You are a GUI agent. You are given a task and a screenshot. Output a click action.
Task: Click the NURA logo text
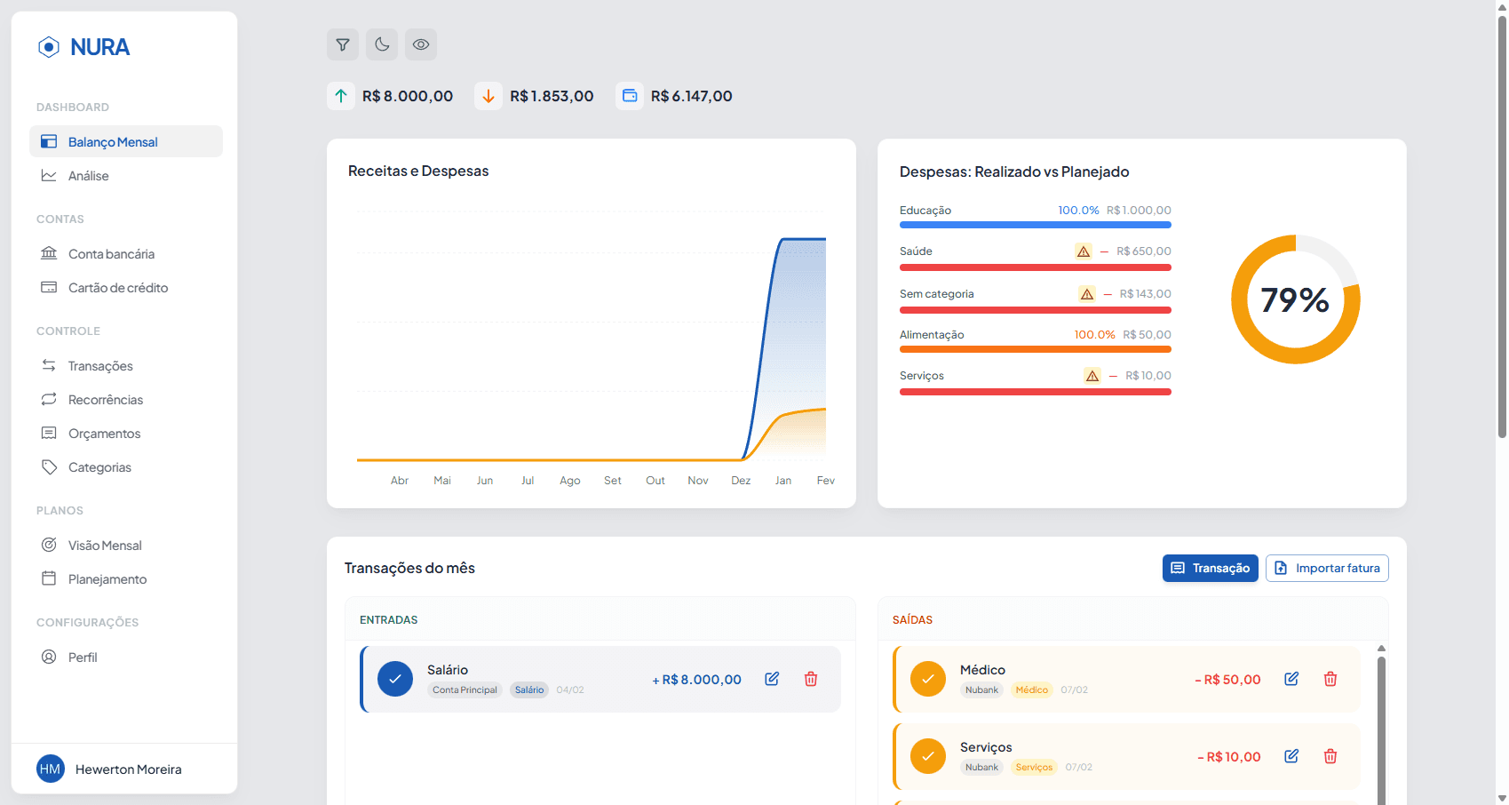[x=99, y=47]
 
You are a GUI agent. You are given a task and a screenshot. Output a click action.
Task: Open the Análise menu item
[x=88, y=176]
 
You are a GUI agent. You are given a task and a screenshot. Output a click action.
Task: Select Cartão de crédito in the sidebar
[x=117, y=288]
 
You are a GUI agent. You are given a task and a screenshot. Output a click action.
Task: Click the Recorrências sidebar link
[x=105, y=400]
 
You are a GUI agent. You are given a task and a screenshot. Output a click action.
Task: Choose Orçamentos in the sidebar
[x=104, y=434]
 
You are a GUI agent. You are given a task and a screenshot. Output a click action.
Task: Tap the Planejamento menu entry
[x=107, y=579]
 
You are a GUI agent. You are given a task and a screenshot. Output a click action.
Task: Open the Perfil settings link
[x=83, y=658]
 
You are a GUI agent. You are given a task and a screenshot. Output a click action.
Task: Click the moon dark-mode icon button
[x=382, y=44]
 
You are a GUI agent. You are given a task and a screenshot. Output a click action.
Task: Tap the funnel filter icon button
[x=343, y=44]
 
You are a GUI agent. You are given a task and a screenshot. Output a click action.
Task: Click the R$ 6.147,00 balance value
[x=691, y=96]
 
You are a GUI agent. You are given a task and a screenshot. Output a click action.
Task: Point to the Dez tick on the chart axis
[x=741, y=481]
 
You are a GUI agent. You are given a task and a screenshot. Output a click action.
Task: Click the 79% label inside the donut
[x=1295, y=300]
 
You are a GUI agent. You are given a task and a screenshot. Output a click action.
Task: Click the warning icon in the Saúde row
[x=1084, y=251]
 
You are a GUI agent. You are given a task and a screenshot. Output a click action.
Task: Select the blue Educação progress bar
[x=1035, y=225]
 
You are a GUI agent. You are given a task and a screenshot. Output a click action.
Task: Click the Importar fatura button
[x=1327, y=569]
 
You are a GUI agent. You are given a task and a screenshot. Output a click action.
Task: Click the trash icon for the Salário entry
[x=811, y=679]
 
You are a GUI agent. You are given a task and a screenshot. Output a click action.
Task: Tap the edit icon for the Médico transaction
[x=1291, y=679]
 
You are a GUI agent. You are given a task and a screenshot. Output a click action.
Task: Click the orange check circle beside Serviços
[x=928, y=756]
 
